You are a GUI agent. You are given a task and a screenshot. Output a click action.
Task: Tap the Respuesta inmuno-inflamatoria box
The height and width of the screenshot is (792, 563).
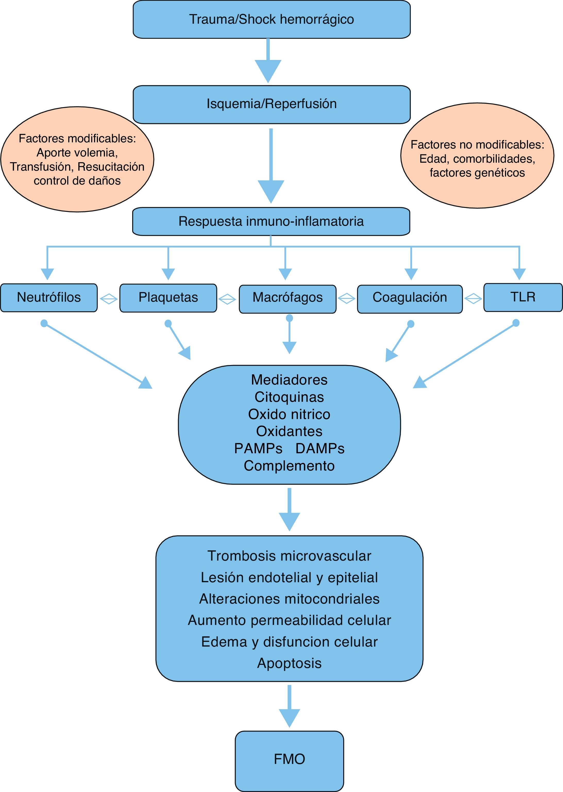(271, 221)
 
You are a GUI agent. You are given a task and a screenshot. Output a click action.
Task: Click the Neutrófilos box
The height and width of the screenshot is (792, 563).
(49, 298)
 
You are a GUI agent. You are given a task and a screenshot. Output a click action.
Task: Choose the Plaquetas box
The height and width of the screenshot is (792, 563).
(168, 298)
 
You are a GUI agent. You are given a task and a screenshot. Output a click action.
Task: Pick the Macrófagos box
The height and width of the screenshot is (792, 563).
(287, 299)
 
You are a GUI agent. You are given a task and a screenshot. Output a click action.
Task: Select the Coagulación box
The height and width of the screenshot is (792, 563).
(410, 299)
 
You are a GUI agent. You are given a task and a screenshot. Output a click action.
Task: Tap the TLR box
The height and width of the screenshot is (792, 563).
(523, 297)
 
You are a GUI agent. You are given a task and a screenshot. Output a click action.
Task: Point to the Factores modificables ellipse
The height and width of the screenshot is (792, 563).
(77, 159)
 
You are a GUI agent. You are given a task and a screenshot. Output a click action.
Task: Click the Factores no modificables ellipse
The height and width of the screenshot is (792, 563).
(477, 155)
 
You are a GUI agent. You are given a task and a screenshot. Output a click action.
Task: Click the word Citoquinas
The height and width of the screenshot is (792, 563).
(289, 397)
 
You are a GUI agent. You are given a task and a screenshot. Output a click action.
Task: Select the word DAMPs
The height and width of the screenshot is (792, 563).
(320, 448)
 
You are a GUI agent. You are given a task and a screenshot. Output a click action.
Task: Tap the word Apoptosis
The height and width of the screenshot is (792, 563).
(289, 663)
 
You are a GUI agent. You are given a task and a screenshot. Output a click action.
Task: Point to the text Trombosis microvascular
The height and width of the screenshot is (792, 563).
(289, 556)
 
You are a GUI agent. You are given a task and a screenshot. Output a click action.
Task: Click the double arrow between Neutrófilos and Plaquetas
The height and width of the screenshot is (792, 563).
(108, 299)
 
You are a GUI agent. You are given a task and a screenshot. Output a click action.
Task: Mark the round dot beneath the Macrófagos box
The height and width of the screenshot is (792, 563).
(289, 318)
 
